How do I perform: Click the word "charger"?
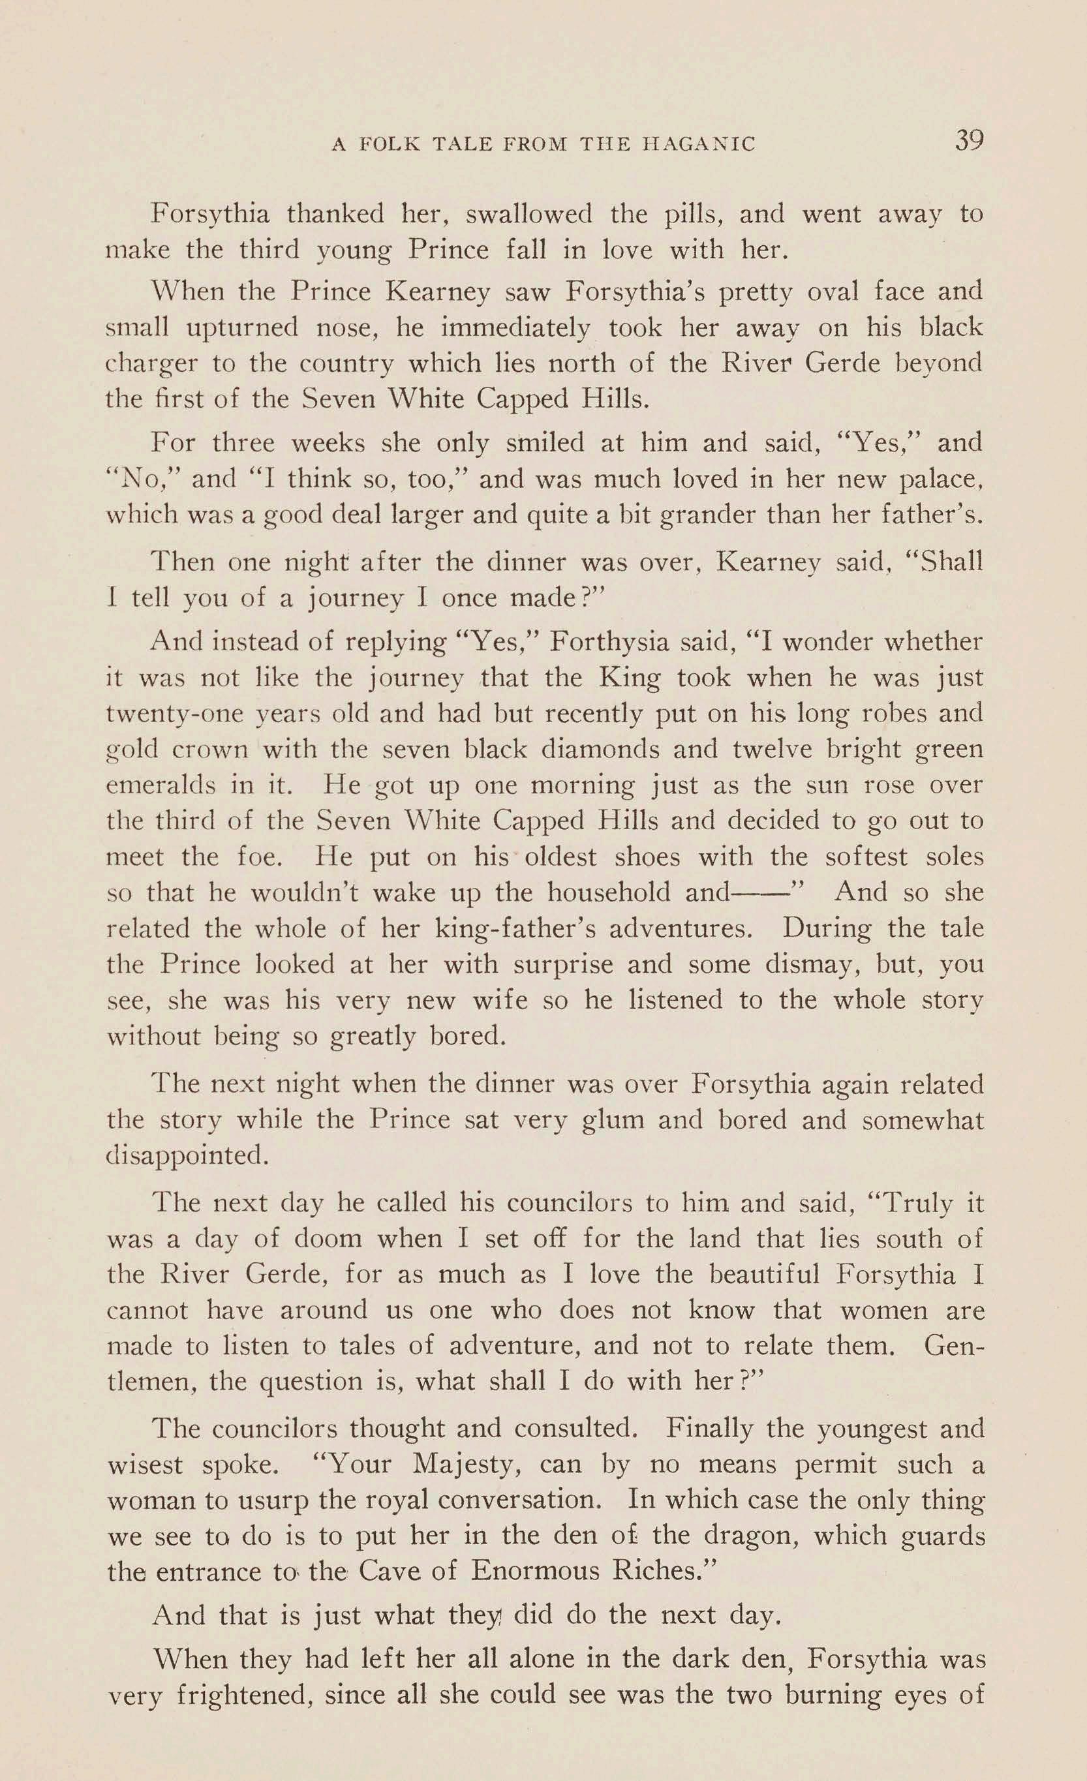(x=151, y=363)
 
